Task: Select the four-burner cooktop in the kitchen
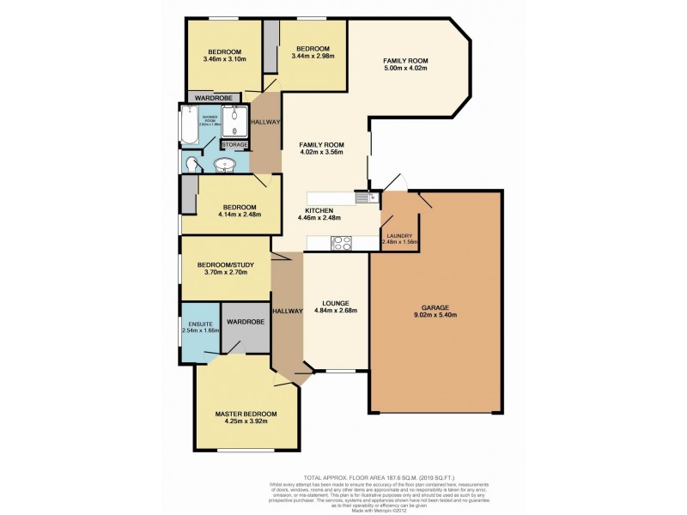(x=341, y=243)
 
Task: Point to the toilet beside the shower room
(x=190, y=163)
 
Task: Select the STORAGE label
(x=234, y=145)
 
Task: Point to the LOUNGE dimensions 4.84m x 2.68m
(x=335, y=311)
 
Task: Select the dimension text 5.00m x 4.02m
(x=405, y=70)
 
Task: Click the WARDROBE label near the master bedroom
(x=245, y=321)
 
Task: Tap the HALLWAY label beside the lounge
(x=287, y=311)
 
